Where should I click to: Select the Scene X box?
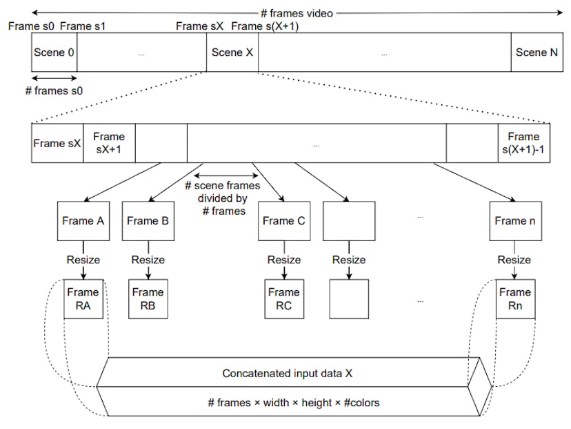[232, 53]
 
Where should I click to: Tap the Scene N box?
[536, 53]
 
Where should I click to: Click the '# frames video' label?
[297, 12]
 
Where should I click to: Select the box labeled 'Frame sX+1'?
[109, 143]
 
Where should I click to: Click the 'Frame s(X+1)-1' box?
[523, 143]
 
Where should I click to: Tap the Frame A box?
[83, 221]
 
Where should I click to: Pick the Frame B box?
[148, 221]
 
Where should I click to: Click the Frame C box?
[283, 221]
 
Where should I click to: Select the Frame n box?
[514, 221]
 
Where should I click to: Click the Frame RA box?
[83, 298]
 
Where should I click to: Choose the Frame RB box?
[148, 298]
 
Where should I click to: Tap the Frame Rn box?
[514, 298]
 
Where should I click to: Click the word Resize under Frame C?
[284, 260]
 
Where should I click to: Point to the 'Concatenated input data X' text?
[288, 373]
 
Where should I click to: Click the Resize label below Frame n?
[514, 260]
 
